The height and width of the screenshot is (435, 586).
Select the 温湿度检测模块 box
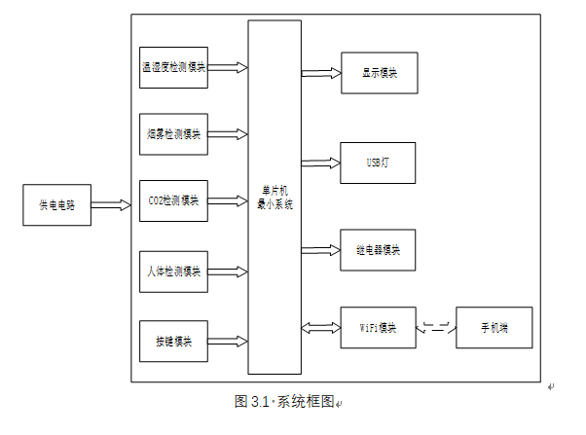pyautogui.click(x=173, y=68)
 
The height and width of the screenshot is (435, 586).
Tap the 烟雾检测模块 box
pyautogui.click(x=173, y=133)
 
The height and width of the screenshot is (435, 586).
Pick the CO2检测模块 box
pyautogui.click(x=173, y=201)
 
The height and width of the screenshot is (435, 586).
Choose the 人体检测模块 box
pyautogui.click(x=173, y=271)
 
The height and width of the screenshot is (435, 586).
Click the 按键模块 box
pyautogui.click(x=173, y=341)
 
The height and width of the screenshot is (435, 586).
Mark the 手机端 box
pyautogui.click(x=494, y=327)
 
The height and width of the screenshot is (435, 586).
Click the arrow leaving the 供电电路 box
pyautogui.click(x=111, y=205)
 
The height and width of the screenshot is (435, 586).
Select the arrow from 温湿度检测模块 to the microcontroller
pyautogui.click(x=228, y=68)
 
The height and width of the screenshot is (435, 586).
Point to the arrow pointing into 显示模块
pyautogui.click(x=321, y=72)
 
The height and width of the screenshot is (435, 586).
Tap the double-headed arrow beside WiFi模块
pyautogui.click(x=321, y=327)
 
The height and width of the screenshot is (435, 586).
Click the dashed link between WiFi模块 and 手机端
pyautogui.click(x=436, y=328)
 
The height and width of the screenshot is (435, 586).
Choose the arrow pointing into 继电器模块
pyautogui.click(x=321, y=250)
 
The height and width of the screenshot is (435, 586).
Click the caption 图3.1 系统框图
pyautogui.click(x=284, y=401)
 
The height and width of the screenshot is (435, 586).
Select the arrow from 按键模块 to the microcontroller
pyautogui.click(x=228, y=341)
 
